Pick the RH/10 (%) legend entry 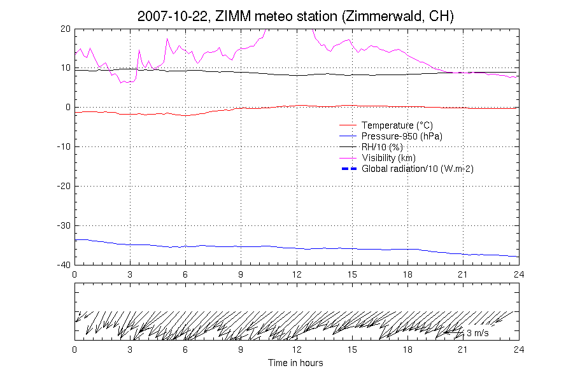point(382,147)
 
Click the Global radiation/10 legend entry point(417,169)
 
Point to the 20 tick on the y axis point(65,29)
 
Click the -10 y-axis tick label point(63,147)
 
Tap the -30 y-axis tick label point(63,226)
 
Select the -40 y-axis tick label point(63,265)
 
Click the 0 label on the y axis point(67,108)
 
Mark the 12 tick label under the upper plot point(297,274)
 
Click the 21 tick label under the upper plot point(463,274)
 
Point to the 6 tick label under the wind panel point(185,350)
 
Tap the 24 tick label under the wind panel point(518,350)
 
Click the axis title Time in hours point(295,363)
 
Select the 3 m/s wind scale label point(478,333)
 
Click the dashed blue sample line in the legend point(348,169)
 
